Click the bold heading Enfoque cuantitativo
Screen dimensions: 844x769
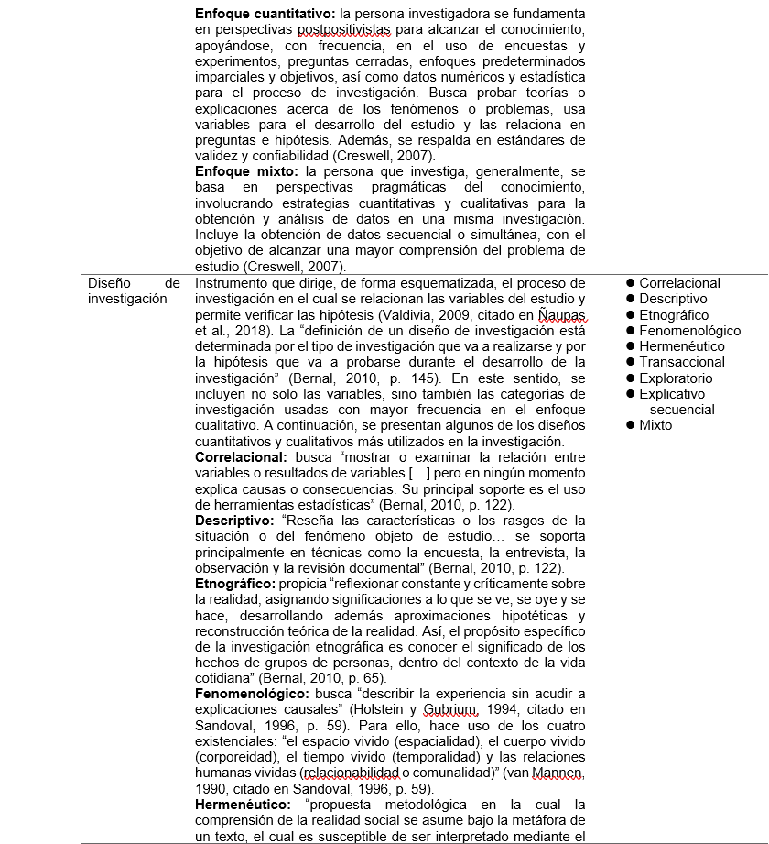pos(265,15)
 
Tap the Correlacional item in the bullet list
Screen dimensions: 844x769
pos(679,283)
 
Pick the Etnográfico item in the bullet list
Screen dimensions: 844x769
pos(675,314)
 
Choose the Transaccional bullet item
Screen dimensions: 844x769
pos(682,362)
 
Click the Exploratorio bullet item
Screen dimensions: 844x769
pos(677,378)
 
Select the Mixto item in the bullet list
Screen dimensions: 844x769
pos(655,425)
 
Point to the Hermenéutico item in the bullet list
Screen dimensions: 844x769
pos(682,346)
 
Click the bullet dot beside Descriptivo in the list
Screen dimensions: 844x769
pos(630,299)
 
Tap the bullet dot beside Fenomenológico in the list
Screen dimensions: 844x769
pos(630,331)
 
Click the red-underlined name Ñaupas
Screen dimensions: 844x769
pos(560,314)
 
